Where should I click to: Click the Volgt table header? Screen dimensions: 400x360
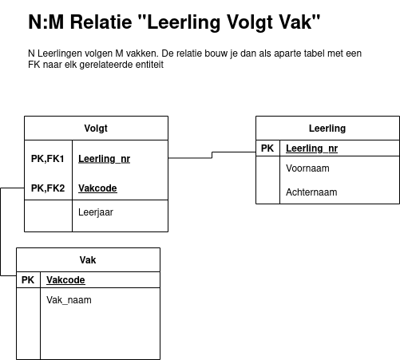click(96, 129)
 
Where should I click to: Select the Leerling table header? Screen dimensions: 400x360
click(327, 129)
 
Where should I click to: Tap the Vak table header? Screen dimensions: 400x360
click(88, 260)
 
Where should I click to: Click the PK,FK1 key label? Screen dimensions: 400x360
click(48, 159)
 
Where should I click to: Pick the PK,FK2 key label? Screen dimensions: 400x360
click(48, 188)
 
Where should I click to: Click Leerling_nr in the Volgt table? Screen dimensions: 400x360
click(105, 159)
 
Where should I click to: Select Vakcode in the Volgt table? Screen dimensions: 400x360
click(97, 188)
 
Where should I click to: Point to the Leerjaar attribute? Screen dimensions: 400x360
click(96, 212)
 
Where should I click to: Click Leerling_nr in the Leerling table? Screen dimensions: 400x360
click(312, 148)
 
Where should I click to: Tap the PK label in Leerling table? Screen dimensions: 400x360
click(267, 148)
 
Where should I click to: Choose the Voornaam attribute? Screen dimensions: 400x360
click(307, 168)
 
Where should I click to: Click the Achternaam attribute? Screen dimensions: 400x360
click(311, 192)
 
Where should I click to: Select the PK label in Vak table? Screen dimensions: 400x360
click(28, 280)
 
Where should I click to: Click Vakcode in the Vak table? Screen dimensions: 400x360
click(65, 280)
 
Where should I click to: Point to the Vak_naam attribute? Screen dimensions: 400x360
click(69, 300)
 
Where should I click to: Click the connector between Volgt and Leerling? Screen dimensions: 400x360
click(212, 155)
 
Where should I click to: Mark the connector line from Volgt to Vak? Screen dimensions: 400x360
click(1, 231)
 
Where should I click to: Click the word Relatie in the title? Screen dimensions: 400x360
click(101, 22)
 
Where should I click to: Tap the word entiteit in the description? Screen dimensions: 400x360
click(150, 65)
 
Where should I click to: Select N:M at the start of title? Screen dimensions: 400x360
click(46, 22)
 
